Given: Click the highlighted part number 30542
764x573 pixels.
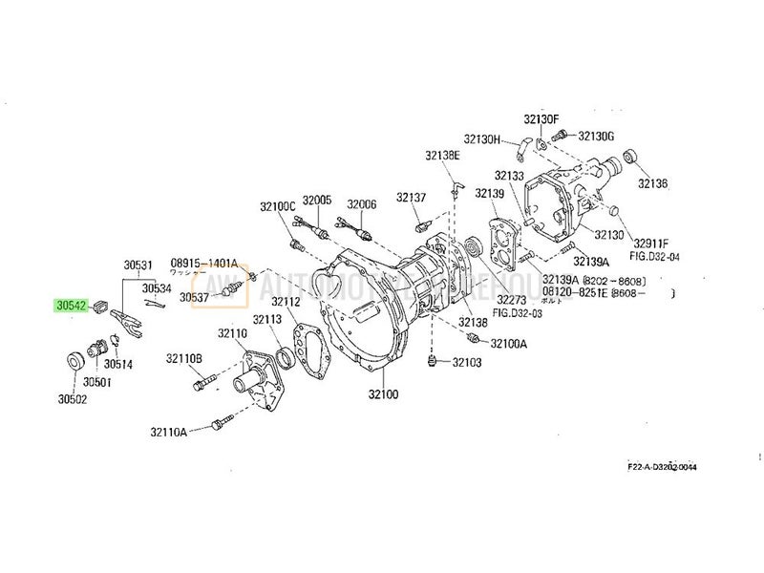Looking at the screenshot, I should pyautogui.click(x=72, y=307).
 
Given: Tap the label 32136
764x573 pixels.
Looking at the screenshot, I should pyautogui.click(x=653, y=182).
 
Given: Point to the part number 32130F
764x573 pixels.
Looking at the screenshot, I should pyautogui.click(x=541, y=118).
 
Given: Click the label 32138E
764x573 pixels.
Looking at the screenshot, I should pyautogui.click(x=443, y=156).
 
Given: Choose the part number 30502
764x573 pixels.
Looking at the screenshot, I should pyautogui.click(x=72, y=399).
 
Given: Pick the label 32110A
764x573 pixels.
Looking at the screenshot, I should pyautogui.click(x=168, y=432).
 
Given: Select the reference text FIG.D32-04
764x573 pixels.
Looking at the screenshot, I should pyautogui.click(x=655, y=257).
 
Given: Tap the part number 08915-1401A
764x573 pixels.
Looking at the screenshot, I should pyautogui.click(x=204, y=262).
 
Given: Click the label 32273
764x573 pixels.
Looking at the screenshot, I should pyautogui.click(x=513, y=298).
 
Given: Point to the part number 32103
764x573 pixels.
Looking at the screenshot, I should pyautogui.click(x=467, y=363).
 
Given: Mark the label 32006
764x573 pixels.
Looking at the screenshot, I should pyautogui.click(x=362, y=203).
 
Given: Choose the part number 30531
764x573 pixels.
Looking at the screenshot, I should pyautogui.click(x=138, y=265).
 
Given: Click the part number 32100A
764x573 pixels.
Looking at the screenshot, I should pyautogui.click(x=508, y=343).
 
